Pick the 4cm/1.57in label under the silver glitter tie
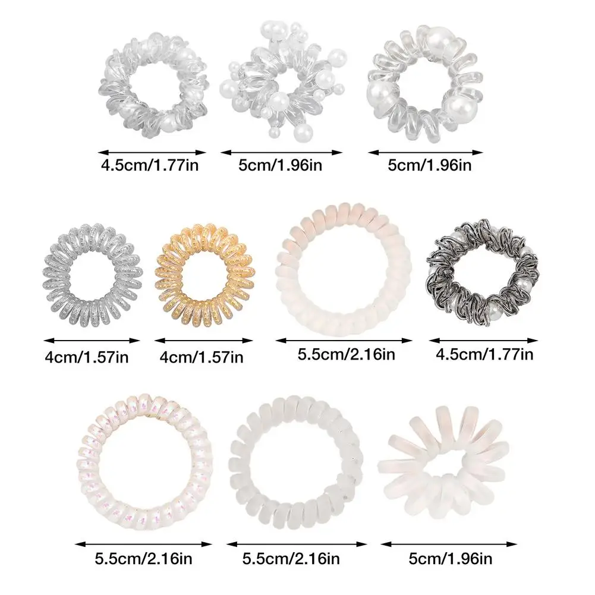(x=86, y=357)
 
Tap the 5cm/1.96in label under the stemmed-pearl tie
(x=281, y=165)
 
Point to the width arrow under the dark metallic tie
(x=483, y=341)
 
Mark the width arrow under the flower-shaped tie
(x=448, y=543)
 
